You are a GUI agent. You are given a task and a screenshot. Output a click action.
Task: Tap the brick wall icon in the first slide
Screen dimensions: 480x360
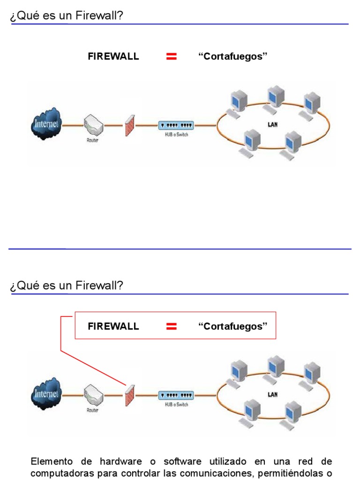[x=130, y=125]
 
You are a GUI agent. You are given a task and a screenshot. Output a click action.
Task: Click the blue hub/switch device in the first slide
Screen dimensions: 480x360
[x=176, y=125]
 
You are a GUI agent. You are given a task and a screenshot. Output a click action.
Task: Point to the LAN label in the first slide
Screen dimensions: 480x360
[x=272, y=125]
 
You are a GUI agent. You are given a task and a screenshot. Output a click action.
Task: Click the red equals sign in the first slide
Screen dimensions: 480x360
[x=172, y=57]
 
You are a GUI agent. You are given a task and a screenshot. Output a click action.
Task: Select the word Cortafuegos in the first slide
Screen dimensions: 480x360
[x=232, y=57]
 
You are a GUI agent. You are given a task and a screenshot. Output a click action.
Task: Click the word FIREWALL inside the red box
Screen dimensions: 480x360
[x=113, y=326]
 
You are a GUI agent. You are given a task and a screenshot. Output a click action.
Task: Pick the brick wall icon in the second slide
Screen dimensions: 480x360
[x=130, y=395]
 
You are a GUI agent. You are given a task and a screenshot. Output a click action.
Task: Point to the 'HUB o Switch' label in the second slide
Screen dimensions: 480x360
[x=176, y=405]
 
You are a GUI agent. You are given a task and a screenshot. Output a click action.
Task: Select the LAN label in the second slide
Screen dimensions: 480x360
[x=272, y=395]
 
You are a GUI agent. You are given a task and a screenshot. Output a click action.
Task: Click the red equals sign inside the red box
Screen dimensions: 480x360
[x=172, y=326]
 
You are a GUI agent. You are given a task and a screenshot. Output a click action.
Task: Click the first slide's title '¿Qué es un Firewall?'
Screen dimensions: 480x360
[x=66, y=16]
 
